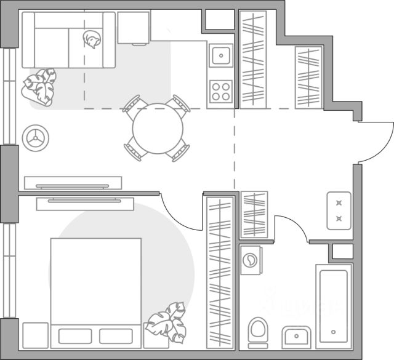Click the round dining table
point(158,129)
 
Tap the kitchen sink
point(220,57)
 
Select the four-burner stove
point(220,91)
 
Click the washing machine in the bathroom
point(251,259)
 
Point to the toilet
point(259,333)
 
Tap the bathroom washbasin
point(297,338)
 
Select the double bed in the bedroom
point(95,283)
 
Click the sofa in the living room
point(68,40)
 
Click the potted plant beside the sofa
point(39,87)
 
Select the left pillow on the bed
point(75,335)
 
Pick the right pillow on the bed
point(116,335)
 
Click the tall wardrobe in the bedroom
point(220,271)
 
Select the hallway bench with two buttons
point(339,210)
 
